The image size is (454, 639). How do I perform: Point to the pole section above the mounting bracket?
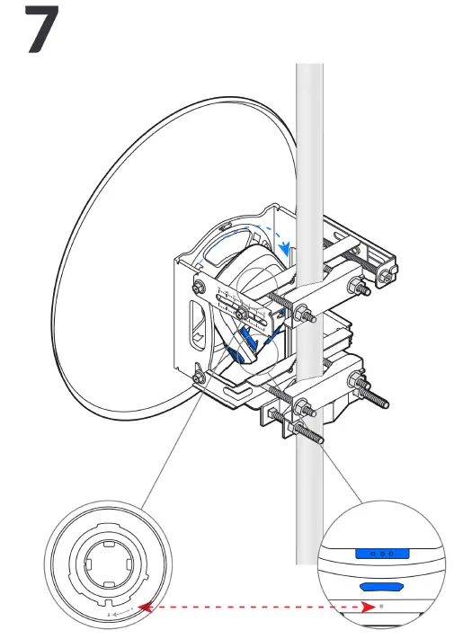coord(309,135)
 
